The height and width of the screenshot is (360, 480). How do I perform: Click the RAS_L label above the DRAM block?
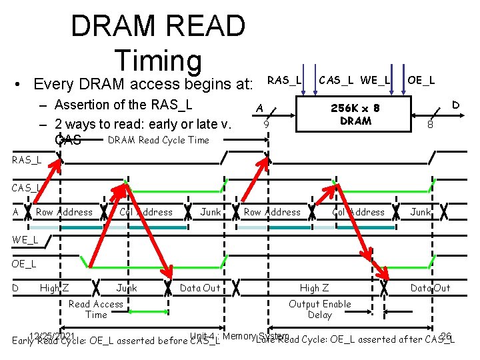point(284,81)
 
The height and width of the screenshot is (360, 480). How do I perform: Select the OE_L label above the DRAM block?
point(421,81)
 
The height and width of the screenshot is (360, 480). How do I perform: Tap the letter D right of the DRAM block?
point(456,105)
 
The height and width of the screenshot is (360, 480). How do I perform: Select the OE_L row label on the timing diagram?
point(25,263)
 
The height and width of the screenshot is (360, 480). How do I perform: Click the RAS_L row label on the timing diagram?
point(26,160)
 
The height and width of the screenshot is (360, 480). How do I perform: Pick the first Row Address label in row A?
point(65,212)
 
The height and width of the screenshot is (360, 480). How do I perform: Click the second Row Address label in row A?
point(272,212)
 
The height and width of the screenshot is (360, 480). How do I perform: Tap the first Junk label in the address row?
point(211,212)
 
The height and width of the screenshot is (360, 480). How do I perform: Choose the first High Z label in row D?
point(55,288)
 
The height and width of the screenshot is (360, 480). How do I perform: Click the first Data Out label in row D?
point(200,288)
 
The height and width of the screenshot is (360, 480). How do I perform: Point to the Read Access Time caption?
point(96,309)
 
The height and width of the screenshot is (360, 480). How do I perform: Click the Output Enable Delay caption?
point(319,309)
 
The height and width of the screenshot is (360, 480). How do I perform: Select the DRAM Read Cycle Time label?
point(158,140)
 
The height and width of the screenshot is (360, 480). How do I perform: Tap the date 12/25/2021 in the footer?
point(51,335)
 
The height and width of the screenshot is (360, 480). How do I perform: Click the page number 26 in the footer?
point(446,335)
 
